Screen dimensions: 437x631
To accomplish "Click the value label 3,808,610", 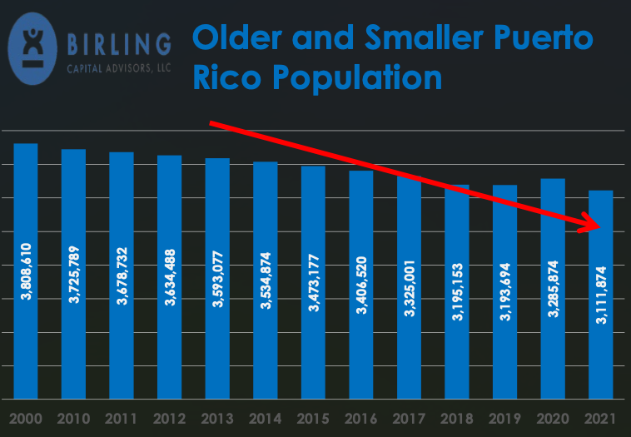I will coord(26,271).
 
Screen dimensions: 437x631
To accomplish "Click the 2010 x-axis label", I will coord(74,416).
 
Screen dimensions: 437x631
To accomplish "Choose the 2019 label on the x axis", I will coord(505,416).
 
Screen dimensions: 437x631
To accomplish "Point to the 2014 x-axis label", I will coord(266,416).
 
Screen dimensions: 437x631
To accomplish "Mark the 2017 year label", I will coord(410,416).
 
